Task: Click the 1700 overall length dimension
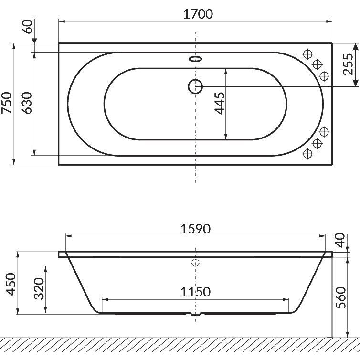198,14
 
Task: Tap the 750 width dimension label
6,103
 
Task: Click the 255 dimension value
348,64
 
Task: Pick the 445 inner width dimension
220,103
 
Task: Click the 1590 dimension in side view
195,229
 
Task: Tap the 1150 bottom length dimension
195,292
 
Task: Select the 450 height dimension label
11,284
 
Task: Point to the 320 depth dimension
39,288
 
